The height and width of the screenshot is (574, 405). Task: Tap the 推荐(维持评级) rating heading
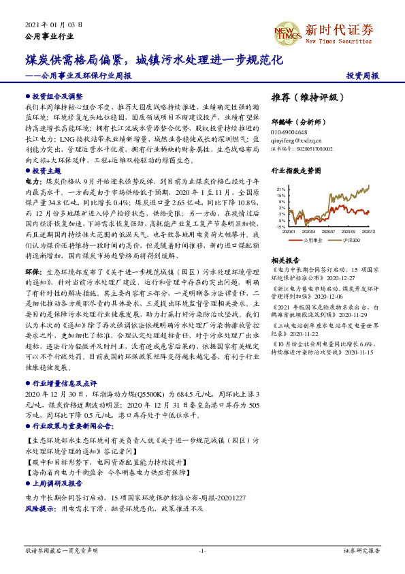[303, 97]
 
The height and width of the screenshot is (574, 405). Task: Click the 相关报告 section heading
[285, 260]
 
